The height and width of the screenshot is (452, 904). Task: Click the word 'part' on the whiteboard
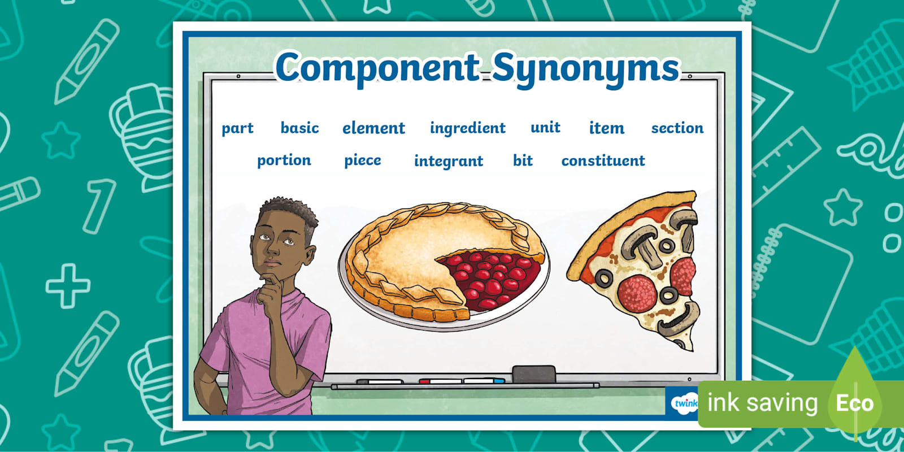(x=237, y=129)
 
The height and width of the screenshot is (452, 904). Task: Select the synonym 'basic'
(x=299, y=128)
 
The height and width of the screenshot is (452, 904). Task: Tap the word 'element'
(x=373, y=128)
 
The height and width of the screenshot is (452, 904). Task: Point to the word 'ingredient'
(x=467, y=128)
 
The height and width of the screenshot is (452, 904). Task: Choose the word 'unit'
(x=545, y=128)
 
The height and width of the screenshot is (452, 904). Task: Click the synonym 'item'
(x=607, y=128)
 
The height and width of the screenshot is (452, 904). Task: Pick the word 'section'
(x=677, y=128)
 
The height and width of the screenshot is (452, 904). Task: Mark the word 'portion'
(x=284, y=160)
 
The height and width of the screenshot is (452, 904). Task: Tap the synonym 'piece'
(x=362, y=160)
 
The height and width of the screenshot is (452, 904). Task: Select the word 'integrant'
(x=449, y=162)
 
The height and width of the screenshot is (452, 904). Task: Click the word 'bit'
(x=523, y=160)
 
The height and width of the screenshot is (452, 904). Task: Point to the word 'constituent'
(x=603, y=160)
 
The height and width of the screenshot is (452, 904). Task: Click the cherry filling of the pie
(x=490, y=279)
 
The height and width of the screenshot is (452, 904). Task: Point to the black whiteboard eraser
(x=533, y=373)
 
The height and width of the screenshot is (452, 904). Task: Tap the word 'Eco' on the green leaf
(x=855, y=403)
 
